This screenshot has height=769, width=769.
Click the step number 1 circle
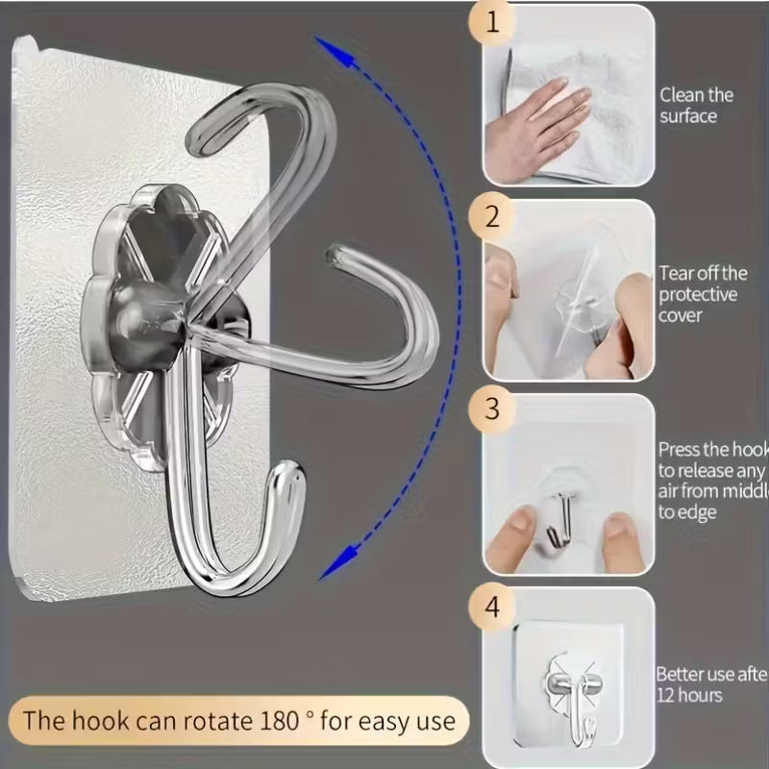(493, 24)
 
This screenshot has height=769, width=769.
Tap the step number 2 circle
(493, 217)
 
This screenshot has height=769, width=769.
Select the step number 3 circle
(493, 409)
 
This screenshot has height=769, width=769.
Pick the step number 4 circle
(493, 608)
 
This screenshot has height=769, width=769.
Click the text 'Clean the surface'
(696, 105)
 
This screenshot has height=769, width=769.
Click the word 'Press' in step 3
(681, 449)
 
